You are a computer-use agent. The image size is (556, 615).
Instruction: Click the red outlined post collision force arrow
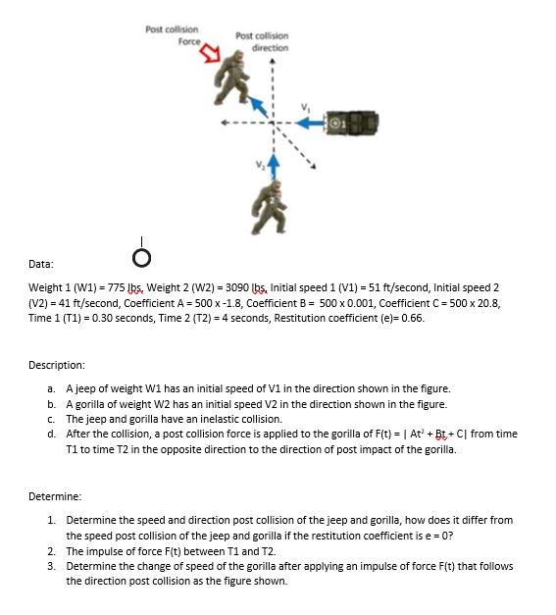(212, 56)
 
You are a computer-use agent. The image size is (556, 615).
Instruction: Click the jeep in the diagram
(357, 122)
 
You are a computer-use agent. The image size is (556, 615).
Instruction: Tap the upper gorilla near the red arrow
(232, 83)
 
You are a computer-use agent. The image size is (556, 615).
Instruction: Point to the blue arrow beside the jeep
(309, 122)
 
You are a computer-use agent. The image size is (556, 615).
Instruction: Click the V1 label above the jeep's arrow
(304, 106)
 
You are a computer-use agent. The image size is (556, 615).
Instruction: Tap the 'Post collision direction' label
(262, 42)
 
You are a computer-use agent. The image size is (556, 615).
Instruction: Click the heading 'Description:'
(58, 366)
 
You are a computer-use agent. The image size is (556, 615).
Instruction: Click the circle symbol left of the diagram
(142, 257)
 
